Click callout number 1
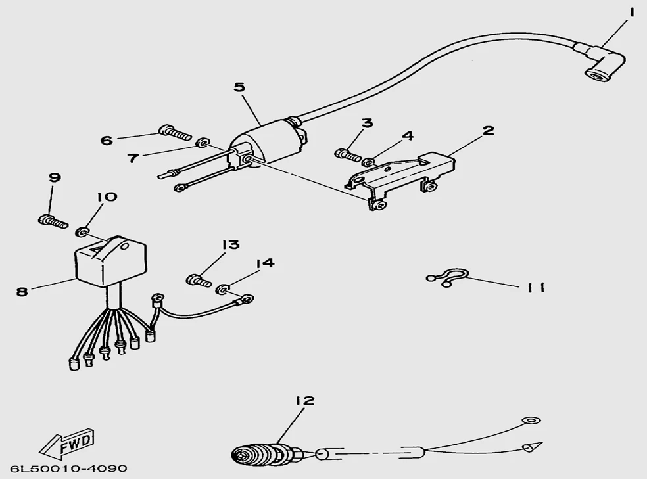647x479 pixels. pyautogui.click(x=631, y=13)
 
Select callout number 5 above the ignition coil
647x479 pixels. pyautogui.click(x=240, y=87)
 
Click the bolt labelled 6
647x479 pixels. pyautogui.click(x=175, y=132)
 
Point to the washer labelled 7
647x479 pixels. pyautogui.click(x=203, y=143)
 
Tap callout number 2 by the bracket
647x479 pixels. pyautogui.click(x=488, y=131)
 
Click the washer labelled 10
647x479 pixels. pyautogui.click(x=81, y=232)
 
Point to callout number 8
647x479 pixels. pyautogui.click(x=22, y=292)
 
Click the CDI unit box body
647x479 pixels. pyautogui.click(x=110, y=259)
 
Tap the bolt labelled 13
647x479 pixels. pyautogui.click(x=199, y=281)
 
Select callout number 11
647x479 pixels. pyautogui.click(x=536, y=287)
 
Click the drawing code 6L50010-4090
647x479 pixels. pyautogui.click(x=69, y=469)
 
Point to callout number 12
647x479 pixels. pyautogui.click(x=305, y=401)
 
